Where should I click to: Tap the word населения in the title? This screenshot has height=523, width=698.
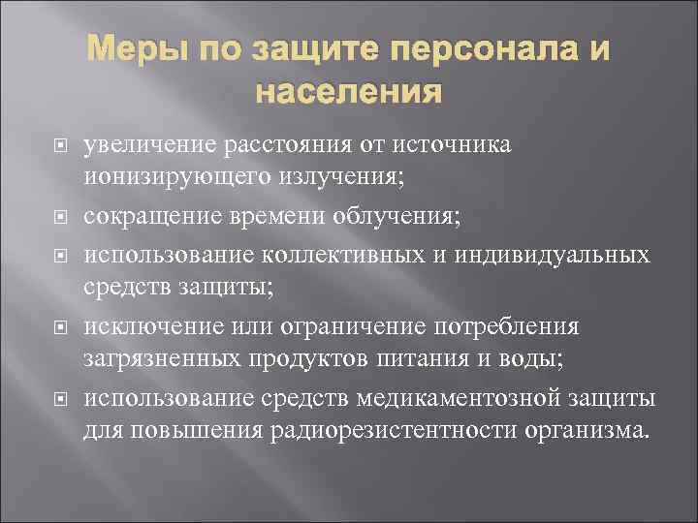coord(349,94)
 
